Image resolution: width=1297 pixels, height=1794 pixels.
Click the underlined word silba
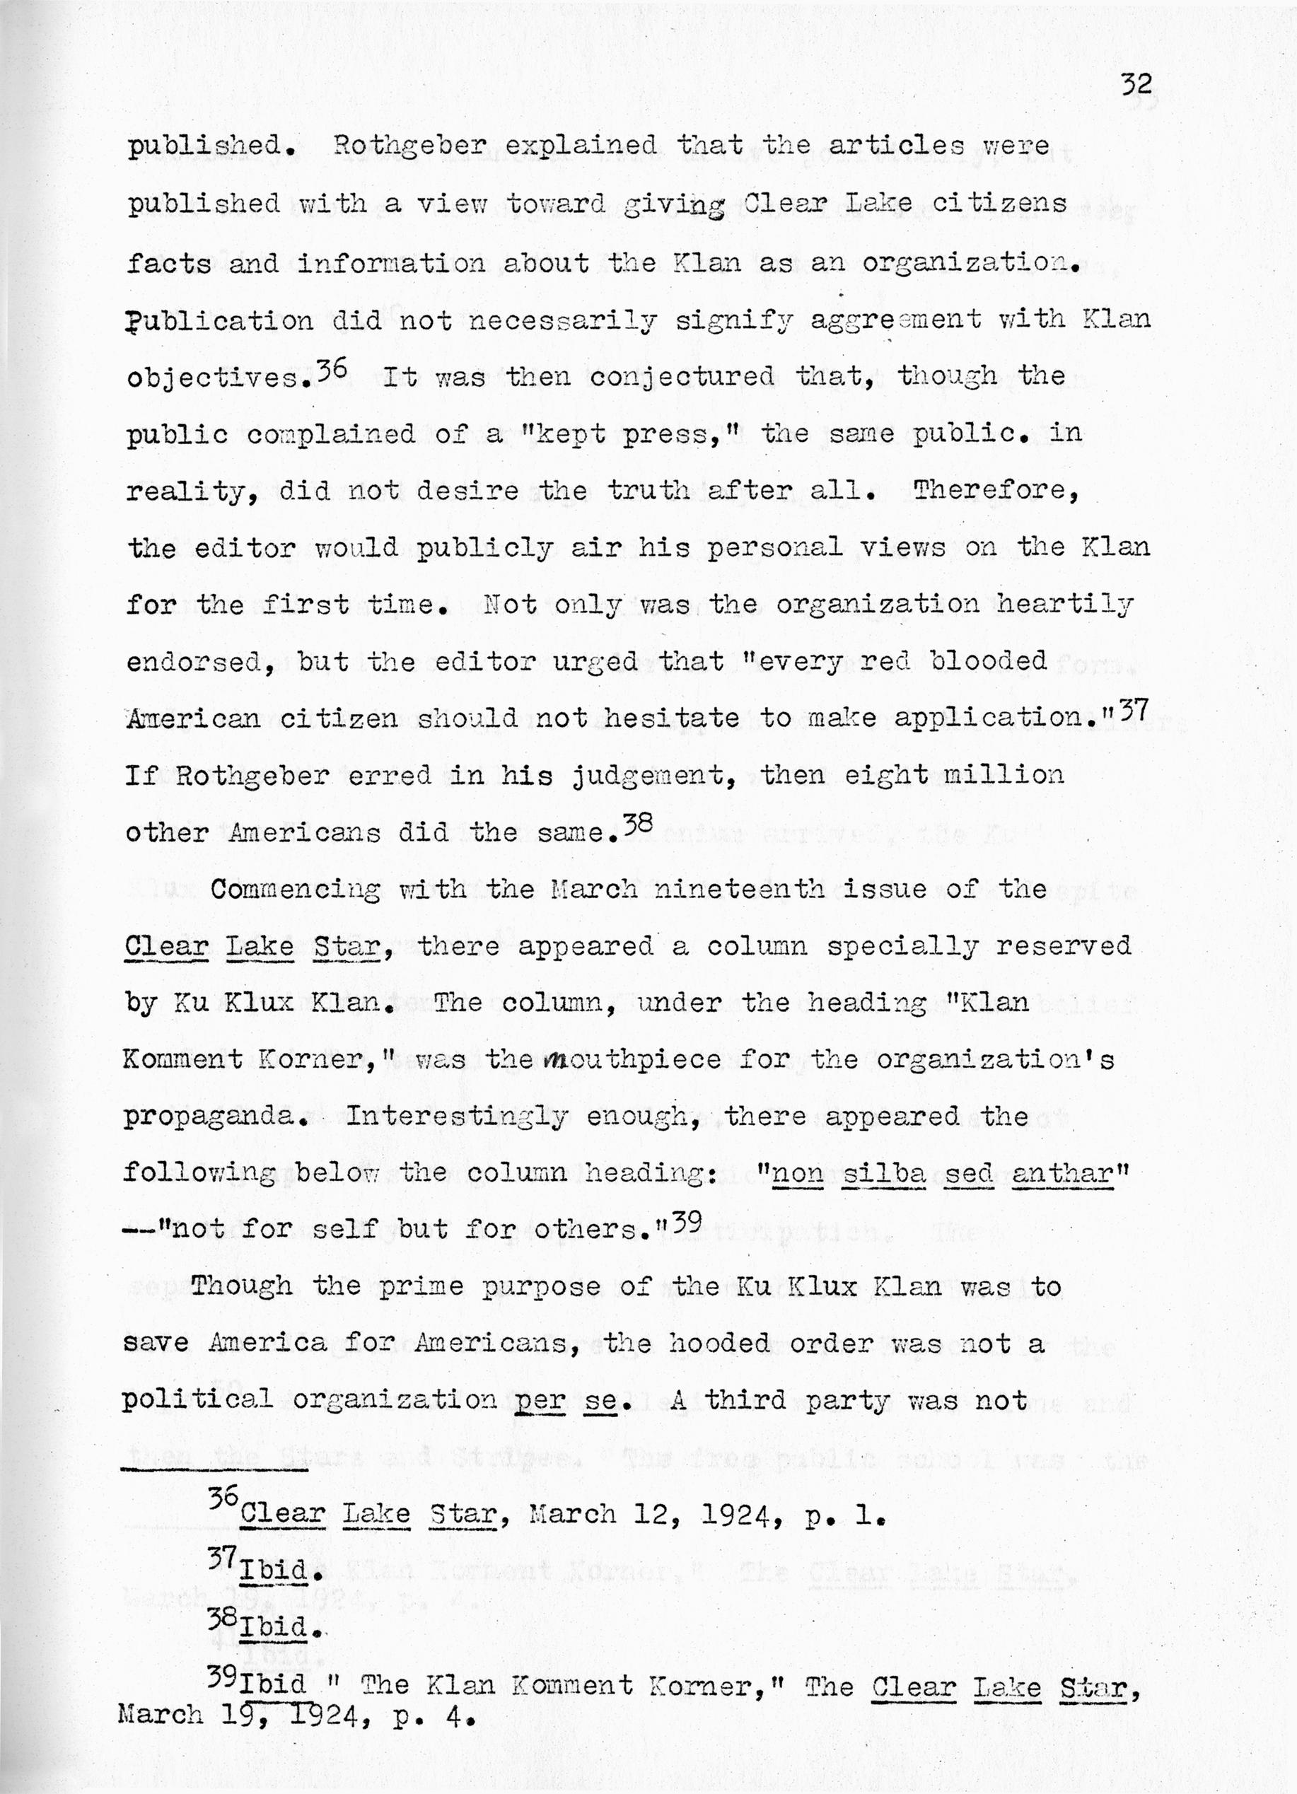883,1172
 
